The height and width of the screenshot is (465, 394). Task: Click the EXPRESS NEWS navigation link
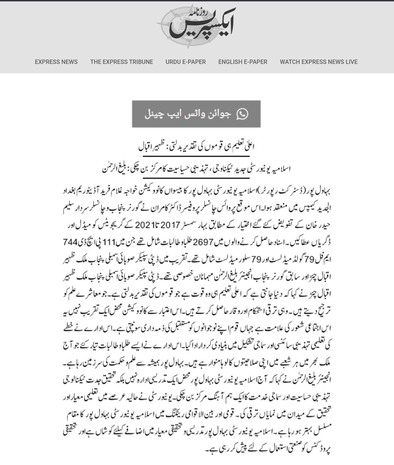click(56, 62)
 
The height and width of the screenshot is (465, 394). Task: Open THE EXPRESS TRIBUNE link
click(121, 62)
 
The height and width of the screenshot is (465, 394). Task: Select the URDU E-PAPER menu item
click(186, 62)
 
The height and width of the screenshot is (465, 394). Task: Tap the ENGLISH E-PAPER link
click(243, 62)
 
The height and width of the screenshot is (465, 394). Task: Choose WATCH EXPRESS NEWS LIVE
click(318, 62)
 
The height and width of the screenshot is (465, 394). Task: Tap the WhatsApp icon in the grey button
click(242, 114)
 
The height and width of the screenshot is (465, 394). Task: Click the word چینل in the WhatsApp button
click(153, 114)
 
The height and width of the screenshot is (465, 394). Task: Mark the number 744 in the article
click(70, 243)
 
